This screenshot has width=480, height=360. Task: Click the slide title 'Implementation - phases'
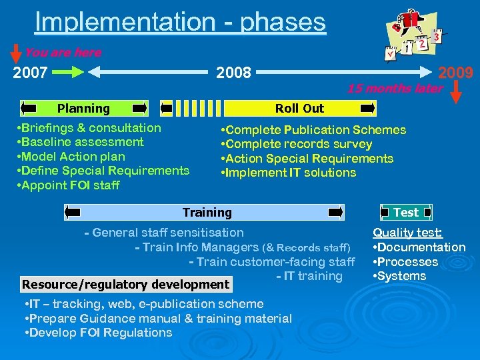(x=180, y=21)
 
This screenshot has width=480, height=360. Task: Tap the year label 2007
(x=31, y=72)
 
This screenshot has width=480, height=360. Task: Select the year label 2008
(x=233, y=72)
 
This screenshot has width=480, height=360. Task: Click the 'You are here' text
(x=63, y=53)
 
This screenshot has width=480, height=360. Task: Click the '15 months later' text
(x=395, y=89)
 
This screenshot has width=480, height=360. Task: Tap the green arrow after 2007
(x=68, y=72)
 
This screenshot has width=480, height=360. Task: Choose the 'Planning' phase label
(x=83, y=108)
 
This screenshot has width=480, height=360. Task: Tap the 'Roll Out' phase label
(x=300, y=108)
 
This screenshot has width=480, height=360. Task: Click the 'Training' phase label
(x=207, y=213)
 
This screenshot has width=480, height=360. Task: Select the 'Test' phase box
(x=406, y=213)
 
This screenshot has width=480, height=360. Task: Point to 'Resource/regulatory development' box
(x=125, y=285)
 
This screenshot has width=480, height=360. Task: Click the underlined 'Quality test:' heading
(x=407, y=233)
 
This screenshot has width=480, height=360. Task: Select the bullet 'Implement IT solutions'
(x=289, y=173)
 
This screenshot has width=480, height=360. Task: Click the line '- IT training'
(x=309, y=276)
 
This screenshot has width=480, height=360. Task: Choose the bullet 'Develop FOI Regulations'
(x=98, y=333)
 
